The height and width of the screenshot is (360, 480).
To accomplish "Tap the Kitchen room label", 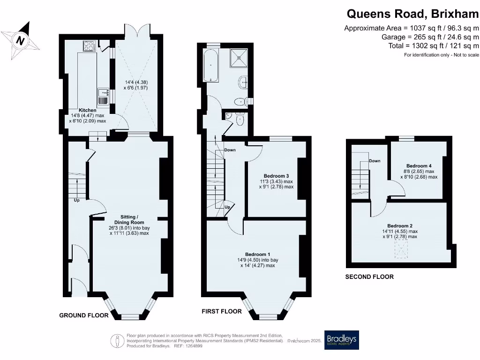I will (87, 110).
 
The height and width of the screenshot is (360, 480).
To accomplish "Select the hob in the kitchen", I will (89, 45).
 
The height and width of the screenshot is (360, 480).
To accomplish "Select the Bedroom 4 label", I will (419, 166).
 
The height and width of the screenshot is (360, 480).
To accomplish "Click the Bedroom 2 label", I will (400, 225).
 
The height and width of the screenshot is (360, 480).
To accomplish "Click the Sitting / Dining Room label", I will (129, 219).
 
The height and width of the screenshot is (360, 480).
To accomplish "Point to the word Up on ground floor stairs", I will (76, 200).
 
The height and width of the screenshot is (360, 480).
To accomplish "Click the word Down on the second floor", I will (375, 161).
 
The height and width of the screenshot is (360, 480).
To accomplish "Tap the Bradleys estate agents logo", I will (342, 340).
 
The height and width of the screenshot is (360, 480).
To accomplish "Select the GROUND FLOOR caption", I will (83, 315).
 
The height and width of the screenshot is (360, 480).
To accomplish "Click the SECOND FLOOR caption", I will (369, 277).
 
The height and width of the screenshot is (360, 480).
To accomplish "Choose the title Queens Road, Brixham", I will (412, 14).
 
